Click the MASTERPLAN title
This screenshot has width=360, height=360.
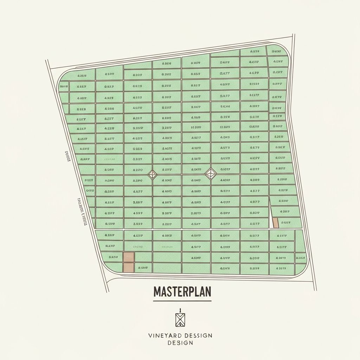[182, 291]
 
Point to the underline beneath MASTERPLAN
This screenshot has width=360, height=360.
[182, 301]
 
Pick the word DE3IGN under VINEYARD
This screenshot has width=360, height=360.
[180, 343]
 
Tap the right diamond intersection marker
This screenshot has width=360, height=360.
[211, 173]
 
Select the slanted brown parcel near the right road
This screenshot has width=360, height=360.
[276, 223]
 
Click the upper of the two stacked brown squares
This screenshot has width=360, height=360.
[129, 257]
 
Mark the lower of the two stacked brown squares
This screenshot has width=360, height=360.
[129, 268]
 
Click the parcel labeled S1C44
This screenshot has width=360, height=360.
[225, 106]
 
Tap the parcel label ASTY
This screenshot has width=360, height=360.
[225, 148]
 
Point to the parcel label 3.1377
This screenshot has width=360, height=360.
[254, 95]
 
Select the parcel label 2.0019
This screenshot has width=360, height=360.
[196, 213]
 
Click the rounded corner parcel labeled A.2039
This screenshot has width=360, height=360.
[81, 76]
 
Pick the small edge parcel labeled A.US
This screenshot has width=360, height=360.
[301, 258]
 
